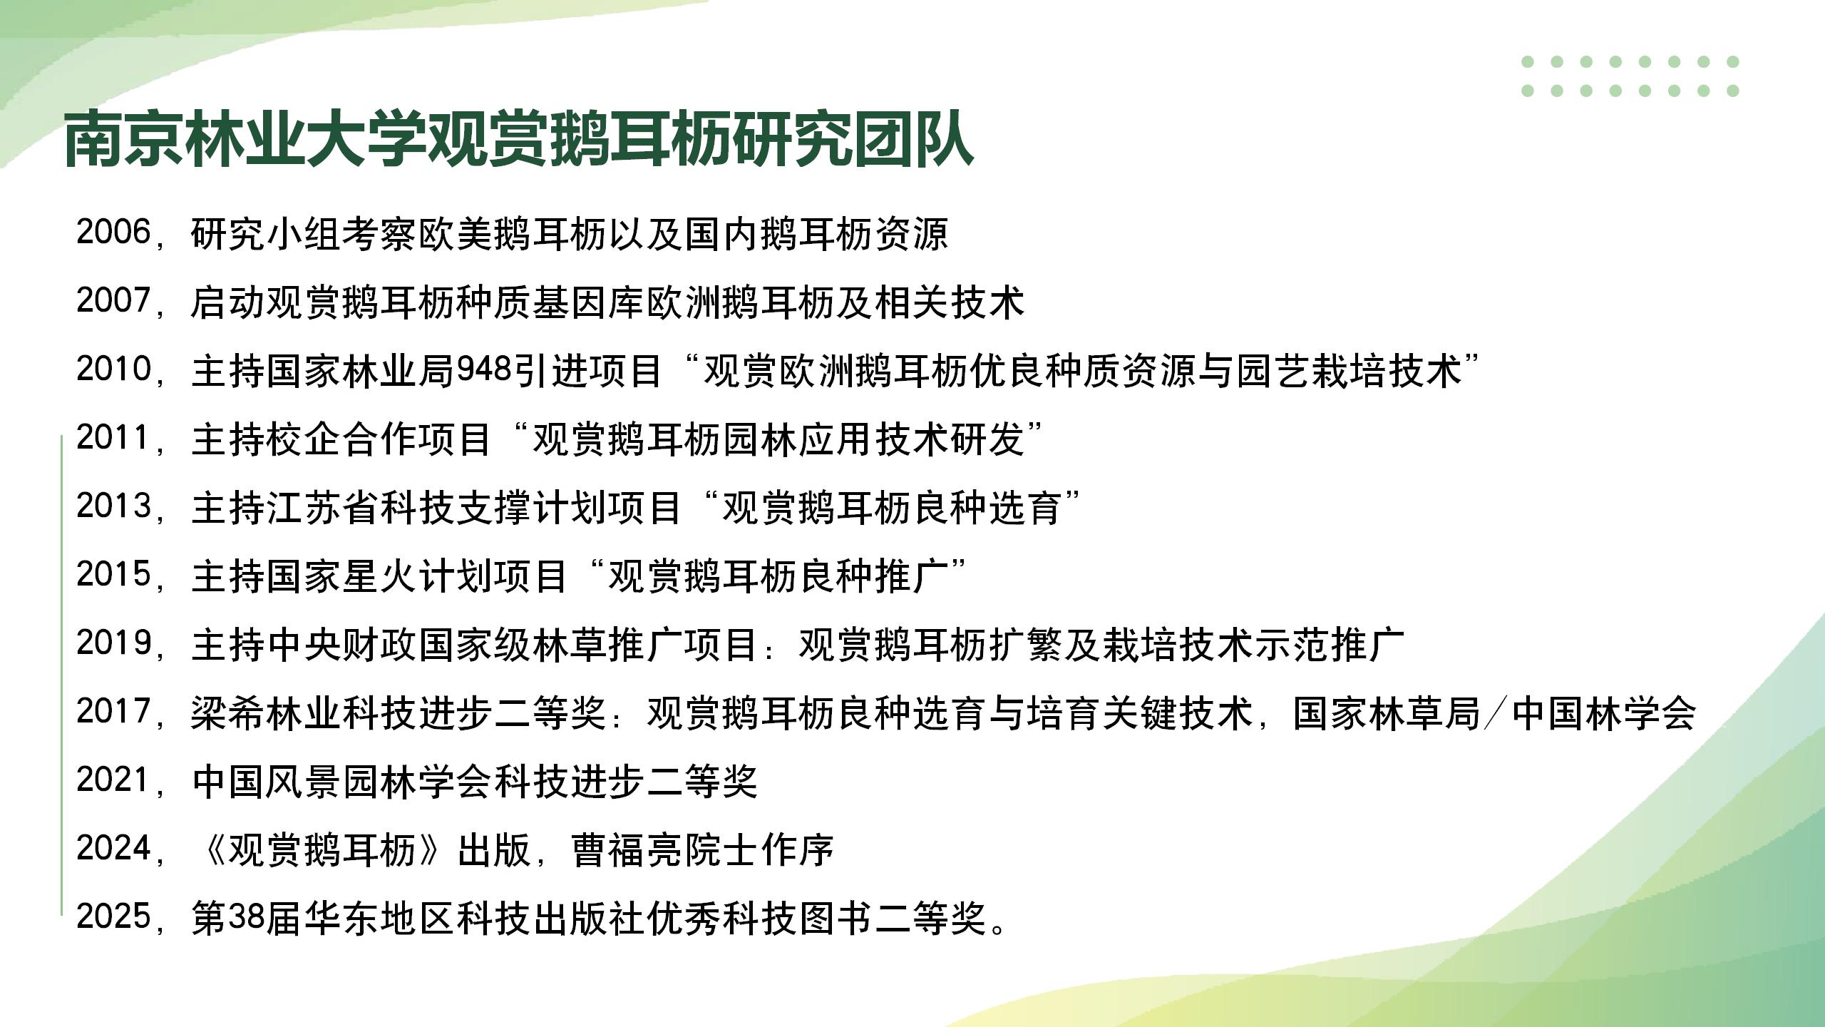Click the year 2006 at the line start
(x=113, y=233)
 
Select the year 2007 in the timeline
(x=113, y=301)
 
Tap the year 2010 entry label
(x=113, y=369)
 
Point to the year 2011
(x=113, y=438)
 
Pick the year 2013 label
(x=113, y=506)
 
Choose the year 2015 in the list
(x=113, y=575)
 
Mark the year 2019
(x=113, y=643)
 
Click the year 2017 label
(x=113, y=712)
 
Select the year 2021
(x=113, y=780)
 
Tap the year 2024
(x=113, y=849)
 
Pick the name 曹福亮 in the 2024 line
(x=628, y=849)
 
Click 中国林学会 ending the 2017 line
(x=1603, y=712)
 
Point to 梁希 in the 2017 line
(x=228, y=712)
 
